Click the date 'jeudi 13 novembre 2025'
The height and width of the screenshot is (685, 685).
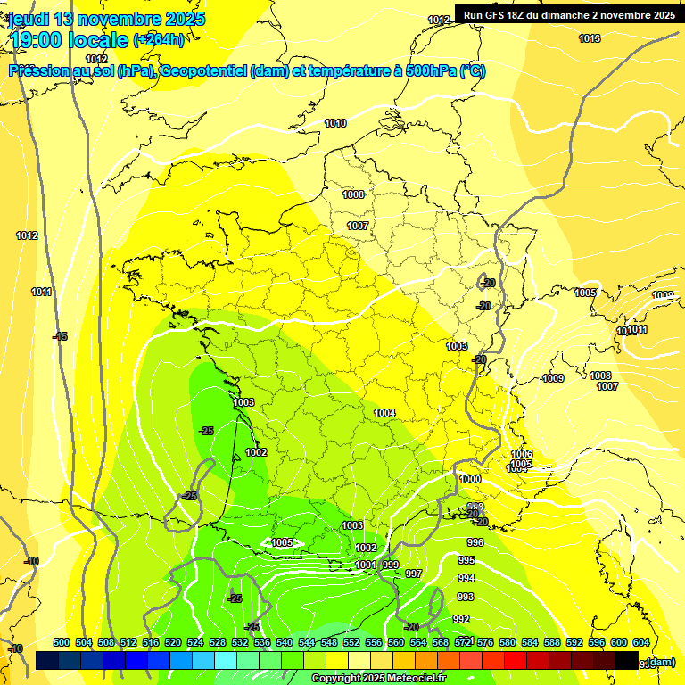[x=107, y=19]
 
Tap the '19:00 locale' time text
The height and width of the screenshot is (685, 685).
[x=68, y=39]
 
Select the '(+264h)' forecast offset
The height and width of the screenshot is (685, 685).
[x=159, y=39]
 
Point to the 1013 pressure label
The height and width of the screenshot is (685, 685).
[x=590, y=38]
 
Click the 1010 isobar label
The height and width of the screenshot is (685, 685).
[x=335, y=123]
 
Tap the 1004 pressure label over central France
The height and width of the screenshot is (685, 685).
[x=384, y=413]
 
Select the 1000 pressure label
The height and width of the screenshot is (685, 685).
[x=470, y=479]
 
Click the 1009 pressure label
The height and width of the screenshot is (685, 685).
[x=553, y=378]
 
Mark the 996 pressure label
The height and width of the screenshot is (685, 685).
[x=475, y=542]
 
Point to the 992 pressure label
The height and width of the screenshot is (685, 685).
[x=461, y=619]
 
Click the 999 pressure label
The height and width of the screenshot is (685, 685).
[x=390, y=565]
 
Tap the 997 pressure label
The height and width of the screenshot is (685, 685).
[x=413, y=574]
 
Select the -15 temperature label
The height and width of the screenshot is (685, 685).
[x=60, y=336]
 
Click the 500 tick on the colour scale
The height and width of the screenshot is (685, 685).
[x=62, y=642]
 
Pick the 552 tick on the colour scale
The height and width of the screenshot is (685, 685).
[x=351, y=642]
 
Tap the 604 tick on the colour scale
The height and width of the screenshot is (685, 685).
[x=641, y=642]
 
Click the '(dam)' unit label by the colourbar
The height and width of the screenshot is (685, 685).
[x=660, y=662]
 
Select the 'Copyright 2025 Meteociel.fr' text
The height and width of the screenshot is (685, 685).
[x=378, y=678]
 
